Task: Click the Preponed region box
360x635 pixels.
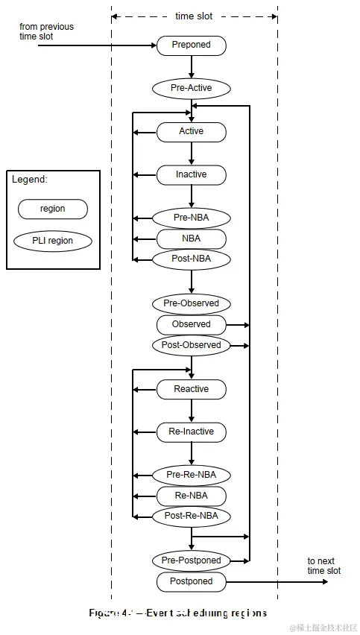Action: point(191,45)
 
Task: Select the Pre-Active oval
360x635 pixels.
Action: point(191,88)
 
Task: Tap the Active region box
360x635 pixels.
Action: point(191,132)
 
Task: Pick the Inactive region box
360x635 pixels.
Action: point(191,174)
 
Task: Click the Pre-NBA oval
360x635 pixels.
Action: point(191,218)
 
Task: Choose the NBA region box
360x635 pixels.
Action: point(191,238)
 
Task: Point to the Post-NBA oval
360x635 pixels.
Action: point(191,259)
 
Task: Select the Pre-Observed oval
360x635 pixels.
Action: point(191,303)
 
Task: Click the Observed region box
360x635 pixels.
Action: point(191,324)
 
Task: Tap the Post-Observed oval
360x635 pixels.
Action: point(191,345)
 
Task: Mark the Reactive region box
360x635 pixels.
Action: point(191,389)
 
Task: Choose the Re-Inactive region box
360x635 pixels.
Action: point(191,432)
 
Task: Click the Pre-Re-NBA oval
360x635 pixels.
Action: point(191,475)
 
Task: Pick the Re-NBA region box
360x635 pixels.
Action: point(191,496)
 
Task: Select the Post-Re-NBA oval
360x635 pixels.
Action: point(191,516)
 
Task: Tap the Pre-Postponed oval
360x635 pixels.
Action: point(191,560)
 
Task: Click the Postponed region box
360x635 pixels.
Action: point(191,581)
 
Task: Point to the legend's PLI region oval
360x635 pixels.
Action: point(52,241)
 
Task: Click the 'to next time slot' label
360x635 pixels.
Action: point(323,566)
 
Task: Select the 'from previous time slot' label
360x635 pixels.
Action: point(46,31)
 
